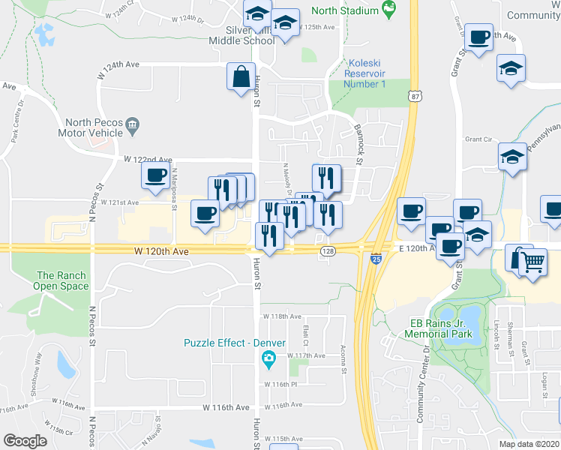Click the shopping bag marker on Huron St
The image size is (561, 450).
pos(241,77)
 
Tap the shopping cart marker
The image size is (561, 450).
pos(533,263)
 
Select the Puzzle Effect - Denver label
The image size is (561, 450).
pos(235,343)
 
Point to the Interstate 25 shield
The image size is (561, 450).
pos(376,259)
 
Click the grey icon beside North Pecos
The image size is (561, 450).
pos(133,124)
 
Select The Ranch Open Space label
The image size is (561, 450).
pos(61,280)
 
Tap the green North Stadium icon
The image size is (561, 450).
pos(388,10)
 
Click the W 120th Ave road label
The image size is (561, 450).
pos(161,252)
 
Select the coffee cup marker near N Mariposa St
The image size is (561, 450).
pos(156,177)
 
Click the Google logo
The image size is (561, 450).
pos(25,440)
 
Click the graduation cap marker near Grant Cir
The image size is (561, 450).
pos(512,157)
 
